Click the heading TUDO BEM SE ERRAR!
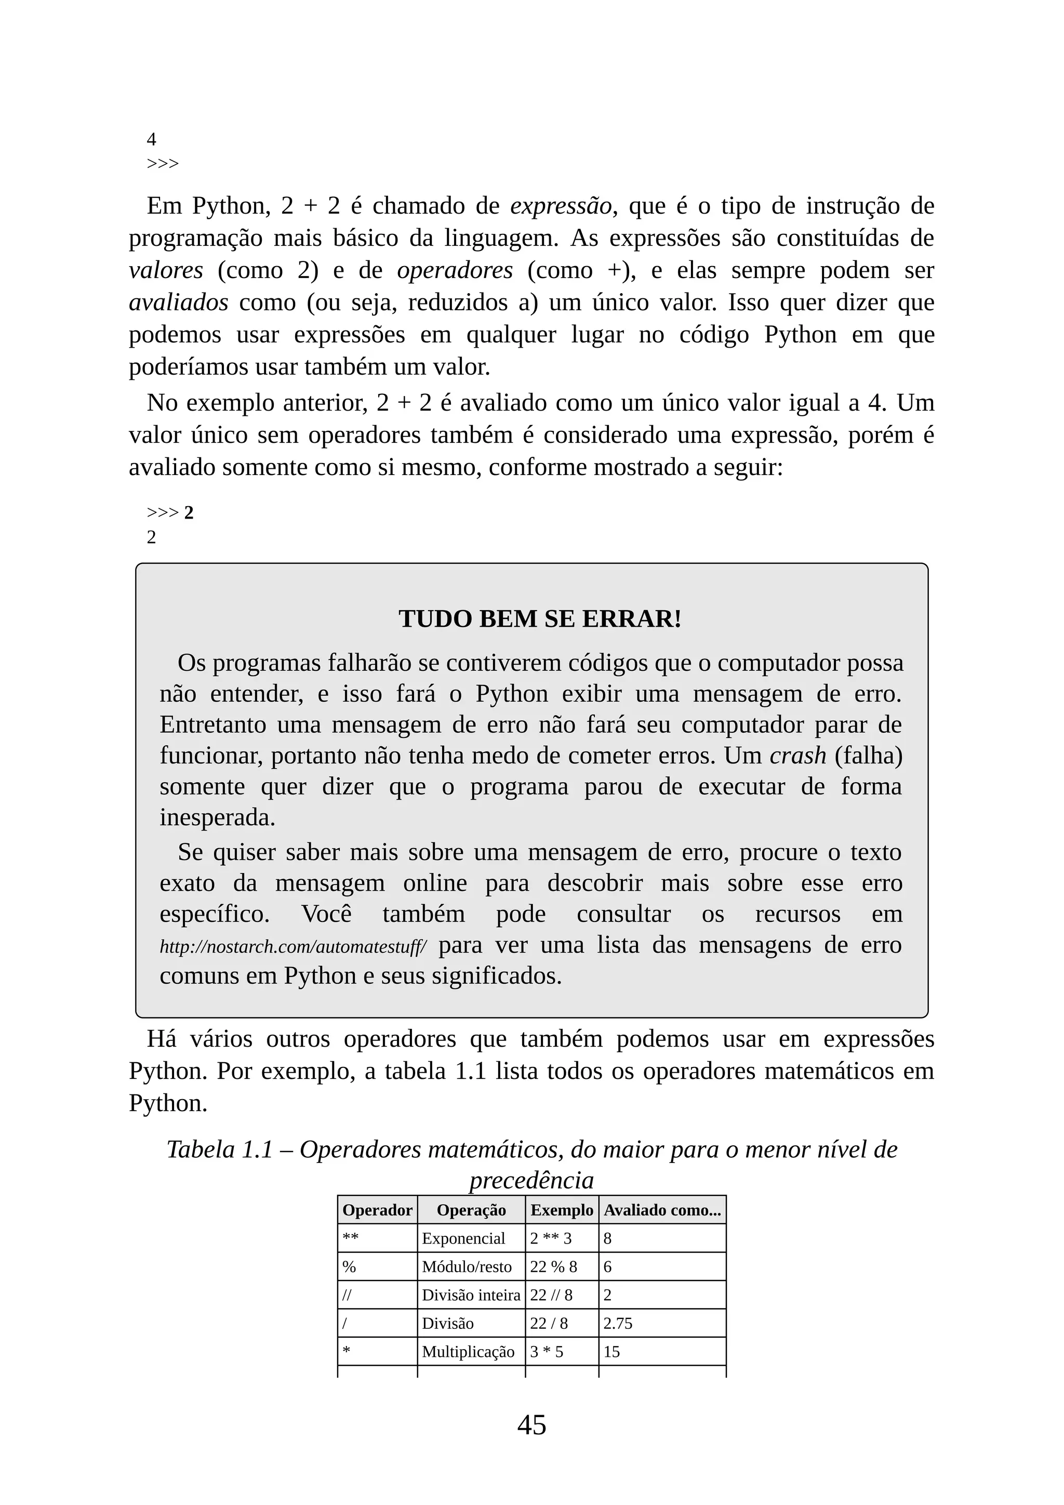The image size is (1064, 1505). click(540, 619)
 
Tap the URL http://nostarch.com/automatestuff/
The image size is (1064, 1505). click(293, 946)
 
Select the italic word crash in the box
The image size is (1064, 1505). click(797, 756)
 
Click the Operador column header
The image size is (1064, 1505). click(377, 1210)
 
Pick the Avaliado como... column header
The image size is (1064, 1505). click(662, 1210)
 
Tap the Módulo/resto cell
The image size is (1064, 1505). click(467, 1266)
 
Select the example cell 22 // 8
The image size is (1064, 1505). click(551, 1295)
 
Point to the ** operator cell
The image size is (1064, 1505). click(351, 1238)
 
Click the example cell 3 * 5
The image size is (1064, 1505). click(547, 1352)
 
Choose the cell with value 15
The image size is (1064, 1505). click(611, 1352)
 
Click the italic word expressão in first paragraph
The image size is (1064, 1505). click(561, 206)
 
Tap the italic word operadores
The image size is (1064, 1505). click(455, 270)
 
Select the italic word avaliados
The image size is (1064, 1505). click(178, 302)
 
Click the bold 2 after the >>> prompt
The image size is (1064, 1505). click(189, 512)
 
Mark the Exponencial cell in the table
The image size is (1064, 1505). click(463, 1238)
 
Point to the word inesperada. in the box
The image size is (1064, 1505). click(218, 817)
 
